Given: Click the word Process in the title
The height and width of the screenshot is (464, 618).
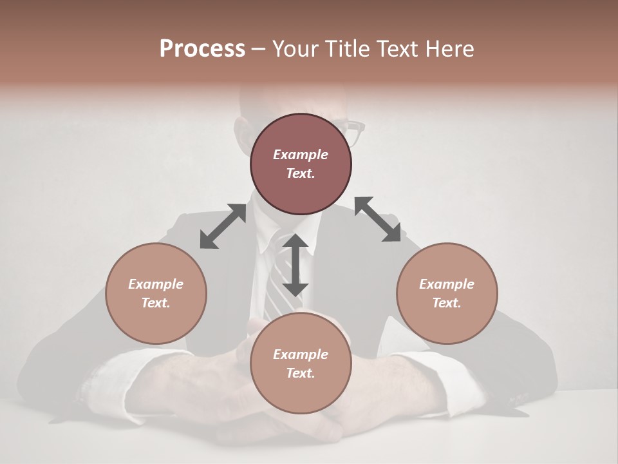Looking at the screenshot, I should (202, 49).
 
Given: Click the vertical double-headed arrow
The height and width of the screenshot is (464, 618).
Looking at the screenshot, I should (295, 265).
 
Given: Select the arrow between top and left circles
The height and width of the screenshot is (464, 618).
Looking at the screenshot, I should (223, 226).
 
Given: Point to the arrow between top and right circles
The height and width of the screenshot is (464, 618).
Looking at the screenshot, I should (378, 219).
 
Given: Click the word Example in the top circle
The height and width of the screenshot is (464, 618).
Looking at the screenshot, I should (301, 155).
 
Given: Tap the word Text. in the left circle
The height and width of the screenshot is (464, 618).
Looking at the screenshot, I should (156, 303).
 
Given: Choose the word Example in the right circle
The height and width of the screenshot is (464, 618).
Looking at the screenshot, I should (447, 284).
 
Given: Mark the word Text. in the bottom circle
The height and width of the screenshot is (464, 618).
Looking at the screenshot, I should (301, 373).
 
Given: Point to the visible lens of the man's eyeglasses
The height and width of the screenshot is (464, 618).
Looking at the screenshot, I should (353, 132).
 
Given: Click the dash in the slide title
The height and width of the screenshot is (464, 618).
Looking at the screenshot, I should (258, 50).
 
